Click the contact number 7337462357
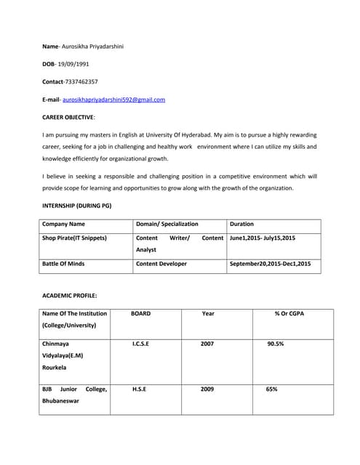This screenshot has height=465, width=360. [x=81, y=82]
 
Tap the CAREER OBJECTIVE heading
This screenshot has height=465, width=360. [x=69, y=117]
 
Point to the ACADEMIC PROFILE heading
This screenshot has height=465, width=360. [x=70, y=296]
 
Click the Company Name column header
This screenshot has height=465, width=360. [x=64, y=225]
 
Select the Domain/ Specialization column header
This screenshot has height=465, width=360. [x=167, y=225]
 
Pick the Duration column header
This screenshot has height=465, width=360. [x=241, y=225]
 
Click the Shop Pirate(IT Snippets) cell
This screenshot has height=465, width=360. [x=75, y=238]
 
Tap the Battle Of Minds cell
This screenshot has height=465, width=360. [x=63, y=264]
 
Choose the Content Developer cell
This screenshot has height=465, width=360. [x=161, y=264]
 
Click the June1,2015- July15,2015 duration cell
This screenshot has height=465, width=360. [x=263, y=238]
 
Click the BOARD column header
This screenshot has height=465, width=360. [x=140, y=314]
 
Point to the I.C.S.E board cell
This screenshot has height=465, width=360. [x=140, y=344]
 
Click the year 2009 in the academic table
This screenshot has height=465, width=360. [x=207, y=389]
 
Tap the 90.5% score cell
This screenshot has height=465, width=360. [x=276, y=344]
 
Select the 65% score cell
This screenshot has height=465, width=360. [x=272, y=389]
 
